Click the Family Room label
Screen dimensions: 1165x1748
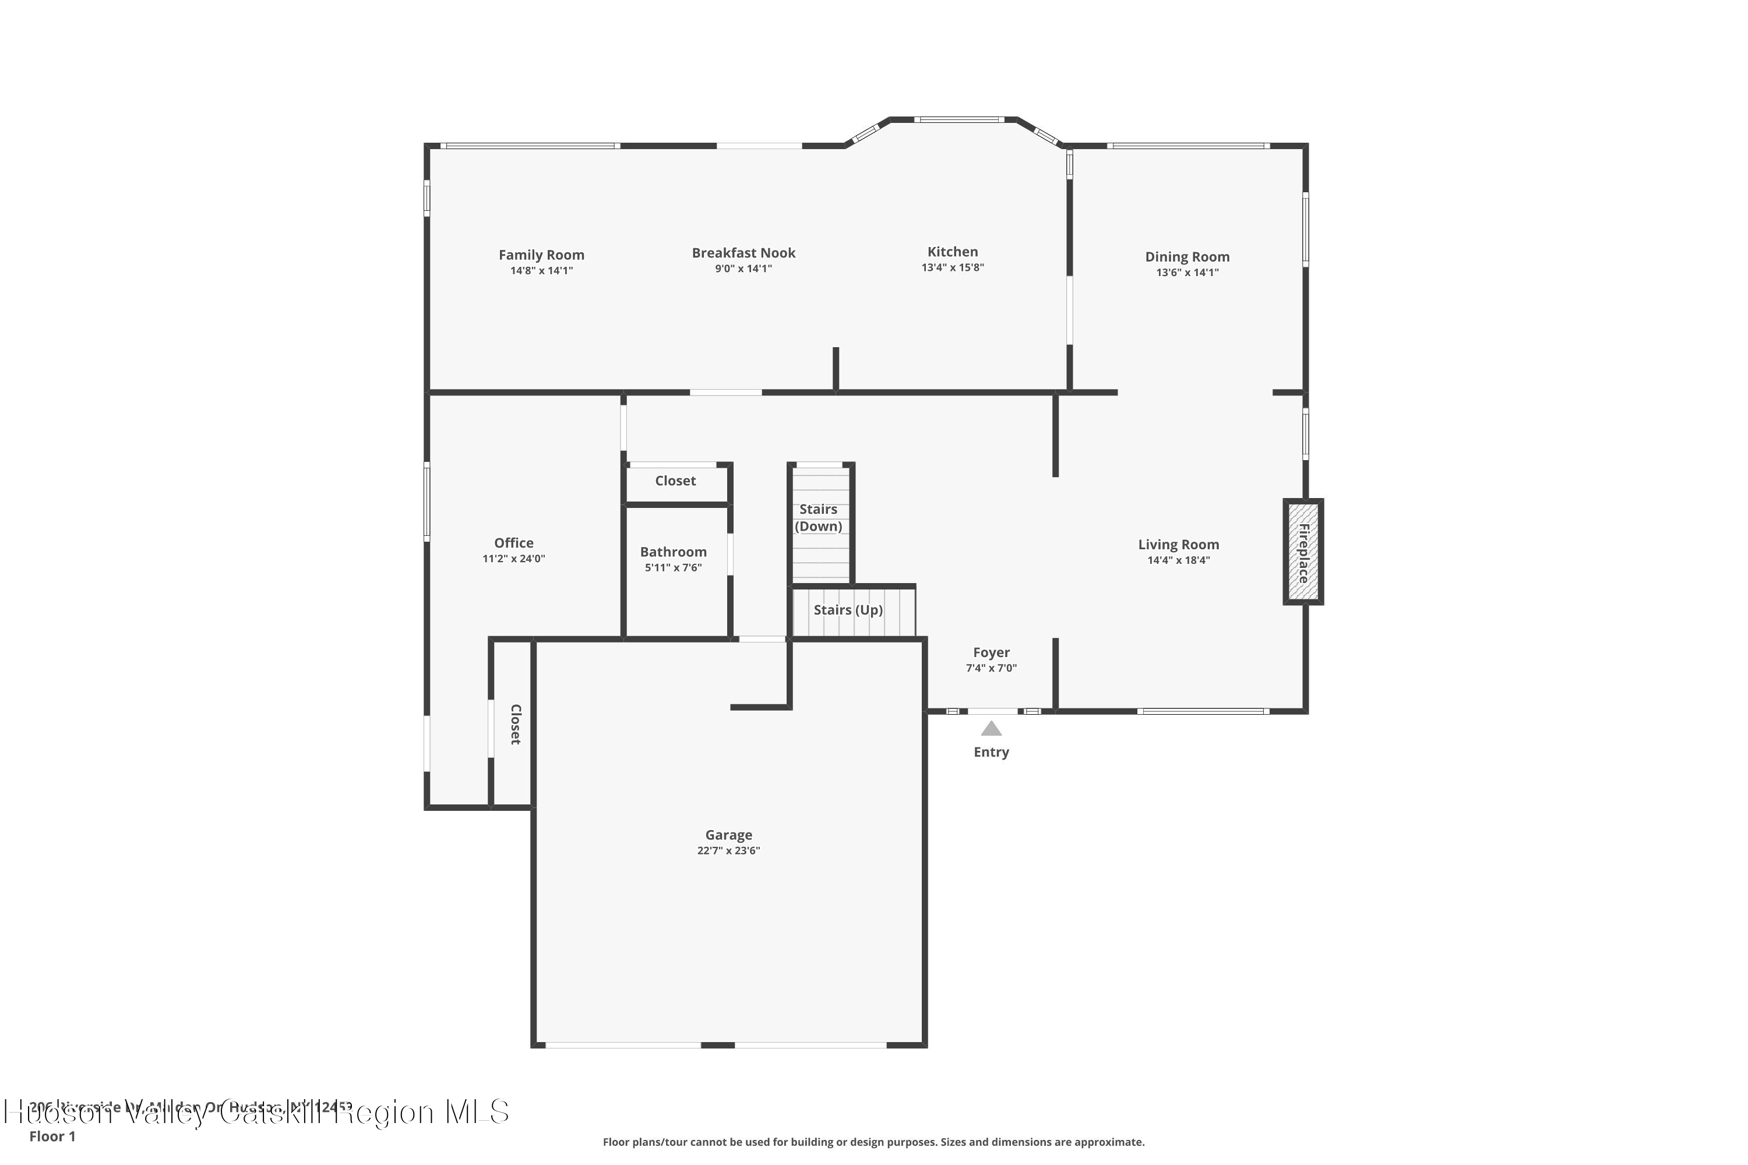(x=541, y=255)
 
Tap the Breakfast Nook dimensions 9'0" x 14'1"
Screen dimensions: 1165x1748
(x=743, y=269)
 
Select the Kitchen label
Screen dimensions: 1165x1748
(x=952, y=252)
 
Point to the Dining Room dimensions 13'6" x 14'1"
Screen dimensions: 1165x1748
(x=1187, y=273)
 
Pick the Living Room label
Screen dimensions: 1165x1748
(x=1178, y=545)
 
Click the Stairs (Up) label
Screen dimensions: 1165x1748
(x=848, y=610)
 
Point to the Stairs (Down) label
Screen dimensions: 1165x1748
(x=818, y=518)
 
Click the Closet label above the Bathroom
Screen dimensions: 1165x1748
(x=675, y=481)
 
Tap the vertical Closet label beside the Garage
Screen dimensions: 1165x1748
(x=515, y=725)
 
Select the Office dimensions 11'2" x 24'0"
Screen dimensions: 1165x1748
(x=513, y=559)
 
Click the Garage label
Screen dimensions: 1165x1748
(x=728, y=835)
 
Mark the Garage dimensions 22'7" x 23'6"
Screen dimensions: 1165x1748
(x=728, y=850)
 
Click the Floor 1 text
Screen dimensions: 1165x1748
(x=52, y=1136)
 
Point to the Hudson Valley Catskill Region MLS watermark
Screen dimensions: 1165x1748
(x=256, y=1112)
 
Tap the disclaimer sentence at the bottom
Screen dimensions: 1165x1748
(x=873, y=1142)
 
